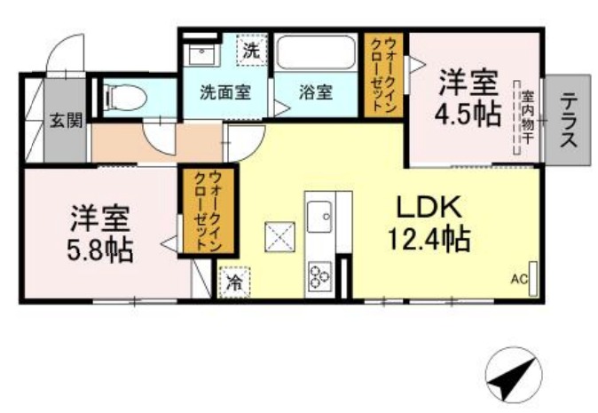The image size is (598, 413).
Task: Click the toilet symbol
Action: coord(125,97)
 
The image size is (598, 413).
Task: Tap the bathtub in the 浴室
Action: coord(315,52)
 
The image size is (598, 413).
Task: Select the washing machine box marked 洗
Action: coord(251,50)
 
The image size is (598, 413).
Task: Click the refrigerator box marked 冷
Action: coord(234,282)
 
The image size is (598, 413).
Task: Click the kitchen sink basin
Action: coord(319,216)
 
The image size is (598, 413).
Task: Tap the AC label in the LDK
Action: coord(519,280)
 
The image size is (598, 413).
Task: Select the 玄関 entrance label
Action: coord(67,121)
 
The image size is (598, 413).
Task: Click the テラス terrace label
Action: coord(568,120)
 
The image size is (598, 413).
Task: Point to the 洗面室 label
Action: coord(225,92)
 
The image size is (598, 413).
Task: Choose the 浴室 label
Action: coord(316,92)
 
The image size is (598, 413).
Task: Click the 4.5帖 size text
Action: coord(468,114)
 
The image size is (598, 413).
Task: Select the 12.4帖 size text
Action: coord(429,239)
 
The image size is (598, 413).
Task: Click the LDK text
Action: coord(429,206)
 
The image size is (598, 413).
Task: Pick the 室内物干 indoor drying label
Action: coord(527,117)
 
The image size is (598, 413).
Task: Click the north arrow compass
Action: coord(514,375)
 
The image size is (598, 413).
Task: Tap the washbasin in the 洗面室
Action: coord(201,54)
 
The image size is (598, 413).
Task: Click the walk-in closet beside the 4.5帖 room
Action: coord(383,75)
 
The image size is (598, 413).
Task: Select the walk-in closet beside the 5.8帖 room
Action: coord(209,211)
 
